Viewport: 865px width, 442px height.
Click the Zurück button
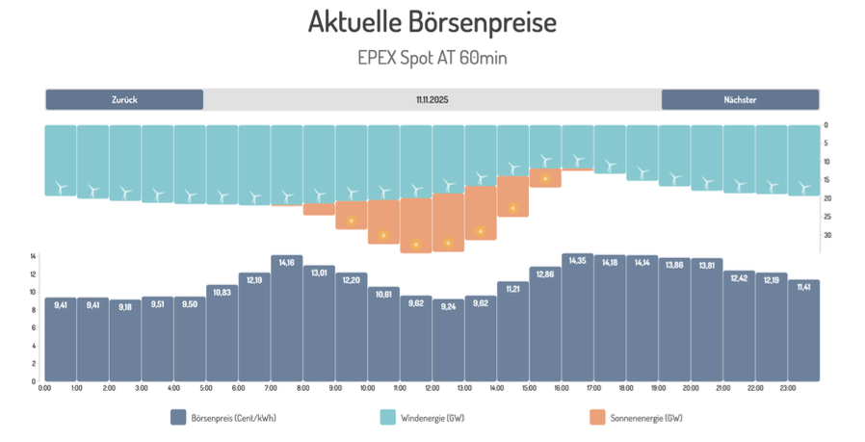(123, 99)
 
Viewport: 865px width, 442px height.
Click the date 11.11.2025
(432, 99)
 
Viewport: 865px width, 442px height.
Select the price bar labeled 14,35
(578, 318)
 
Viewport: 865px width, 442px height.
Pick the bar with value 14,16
(287, 318)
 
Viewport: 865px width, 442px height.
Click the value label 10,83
(223, 292)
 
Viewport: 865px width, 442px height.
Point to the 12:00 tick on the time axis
(432, 388)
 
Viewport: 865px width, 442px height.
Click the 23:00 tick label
(788, 388)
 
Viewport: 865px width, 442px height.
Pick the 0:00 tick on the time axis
(44, 388)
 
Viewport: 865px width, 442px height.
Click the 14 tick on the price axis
(33, 256)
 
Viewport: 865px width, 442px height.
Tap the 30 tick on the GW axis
(826, 235)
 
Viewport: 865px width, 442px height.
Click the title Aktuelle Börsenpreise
(432, 22)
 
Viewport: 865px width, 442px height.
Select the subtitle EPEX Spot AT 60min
(432, 58)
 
